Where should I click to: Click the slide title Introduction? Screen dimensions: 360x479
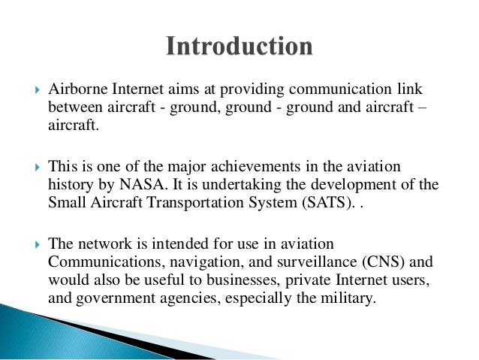pos(239,47)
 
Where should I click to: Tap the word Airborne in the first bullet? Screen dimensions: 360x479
pos(74,91)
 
